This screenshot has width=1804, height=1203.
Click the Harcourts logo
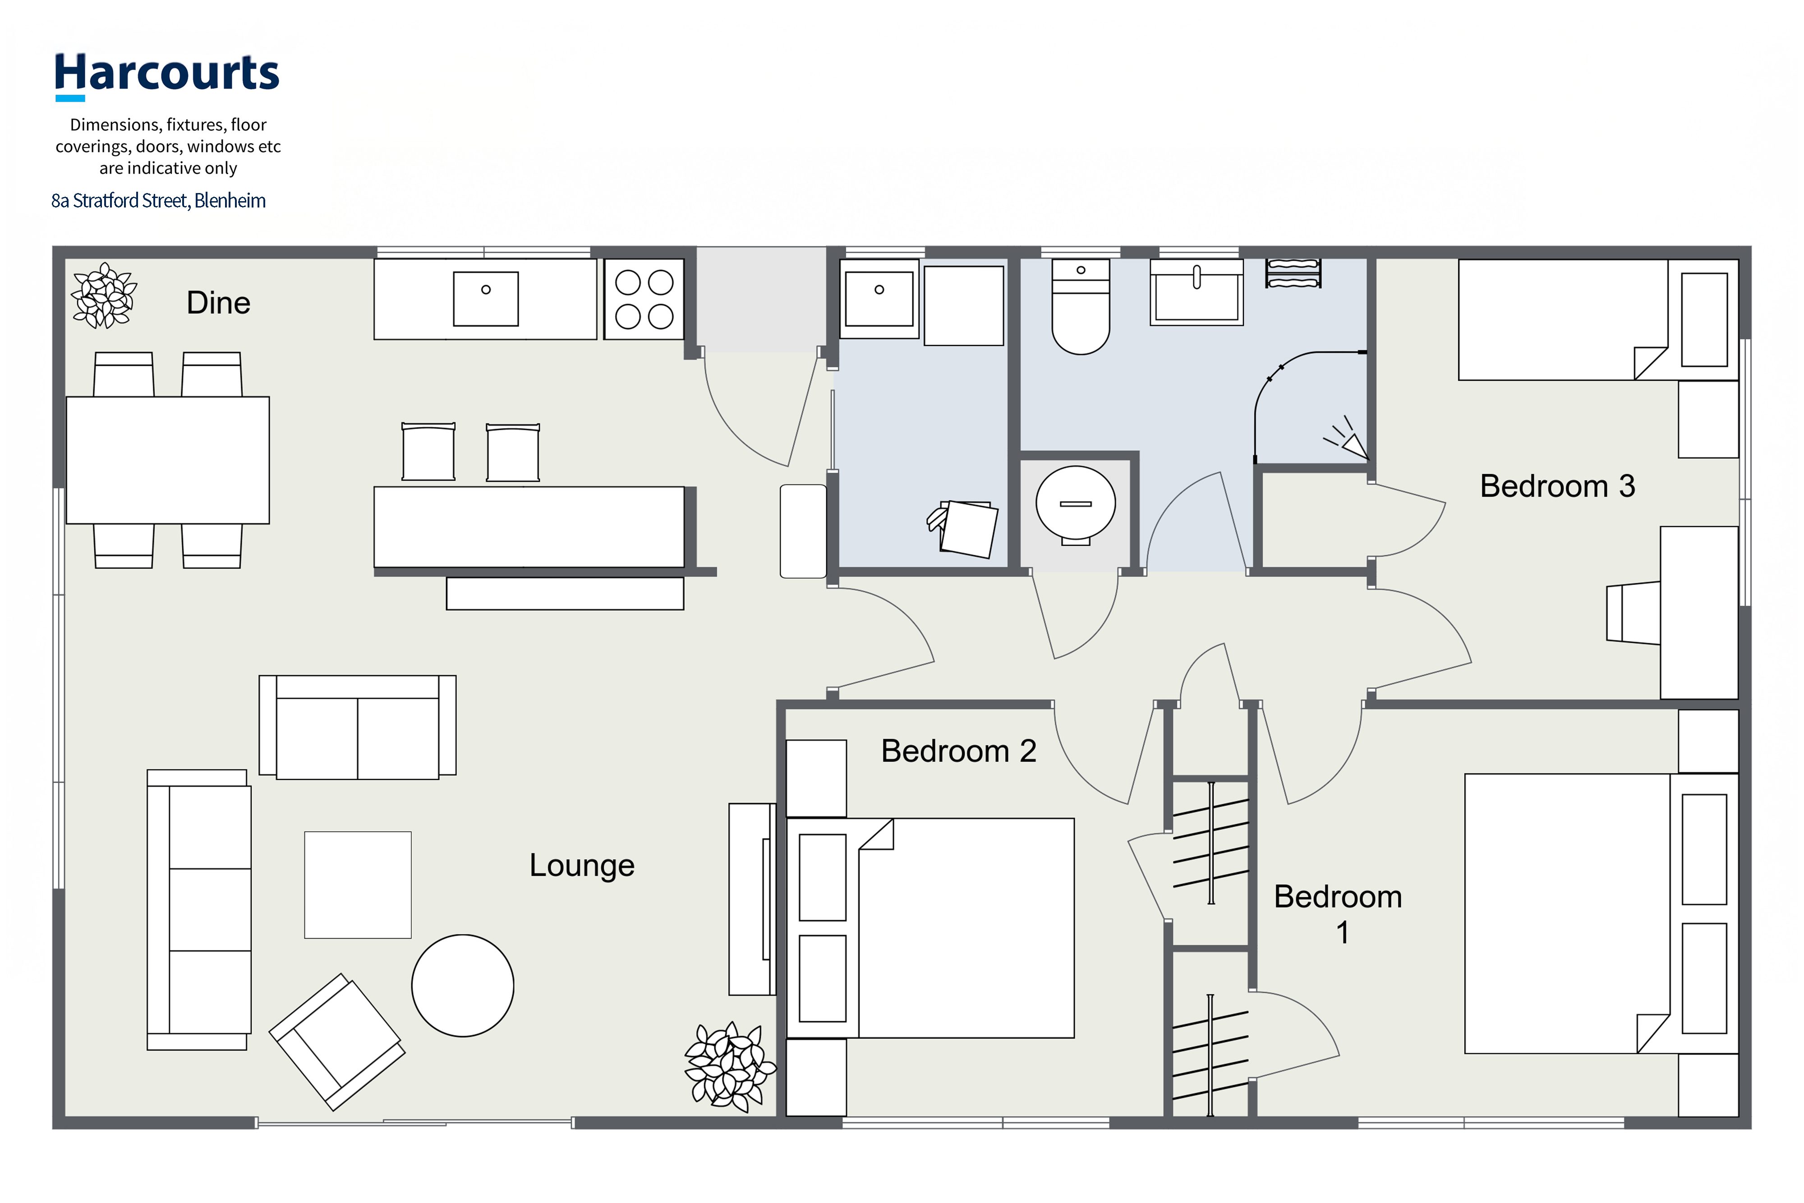click(x=166, y=76)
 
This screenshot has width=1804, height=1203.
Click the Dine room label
click(x=219, y=303)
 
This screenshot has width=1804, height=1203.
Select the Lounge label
click(x=582, y=866)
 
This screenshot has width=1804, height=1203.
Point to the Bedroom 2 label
click(x=959, y=751)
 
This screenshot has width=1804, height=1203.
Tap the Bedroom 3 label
click(x=1558, y=486)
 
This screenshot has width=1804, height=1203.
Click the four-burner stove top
click(x=644, y=299)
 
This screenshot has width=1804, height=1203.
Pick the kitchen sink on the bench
click(x=486, y=299)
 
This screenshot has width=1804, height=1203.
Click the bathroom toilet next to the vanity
click(x=1081, y=307)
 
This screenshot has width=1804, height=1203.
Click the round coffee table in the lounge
click(x=463, y=986)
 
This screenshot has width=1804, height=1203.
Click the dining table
click(x=168, y=461)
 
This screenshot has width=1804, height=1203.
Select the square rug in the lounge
click(x=358, y=885)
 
